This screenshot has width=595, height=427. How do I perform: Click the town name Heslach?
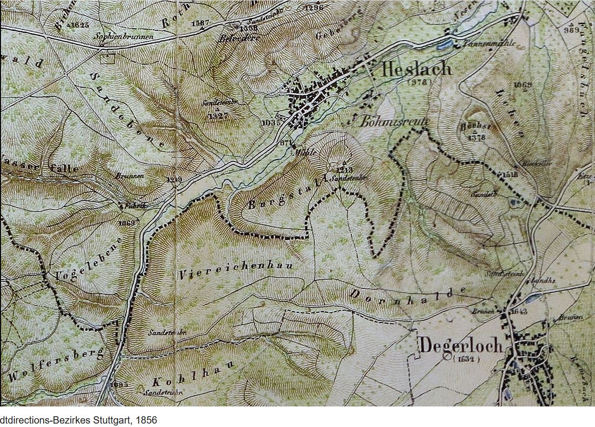coord(416,68)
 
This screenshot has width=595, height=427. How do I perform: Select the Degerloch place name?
coord(461,345)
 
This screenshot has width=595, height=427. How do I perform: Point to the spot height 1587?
coord(201,23)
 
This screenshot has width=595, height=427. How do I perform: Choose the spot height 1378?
coord(476,137)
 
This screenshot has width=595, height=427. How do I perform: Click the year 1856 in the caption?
coord(147,420)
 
